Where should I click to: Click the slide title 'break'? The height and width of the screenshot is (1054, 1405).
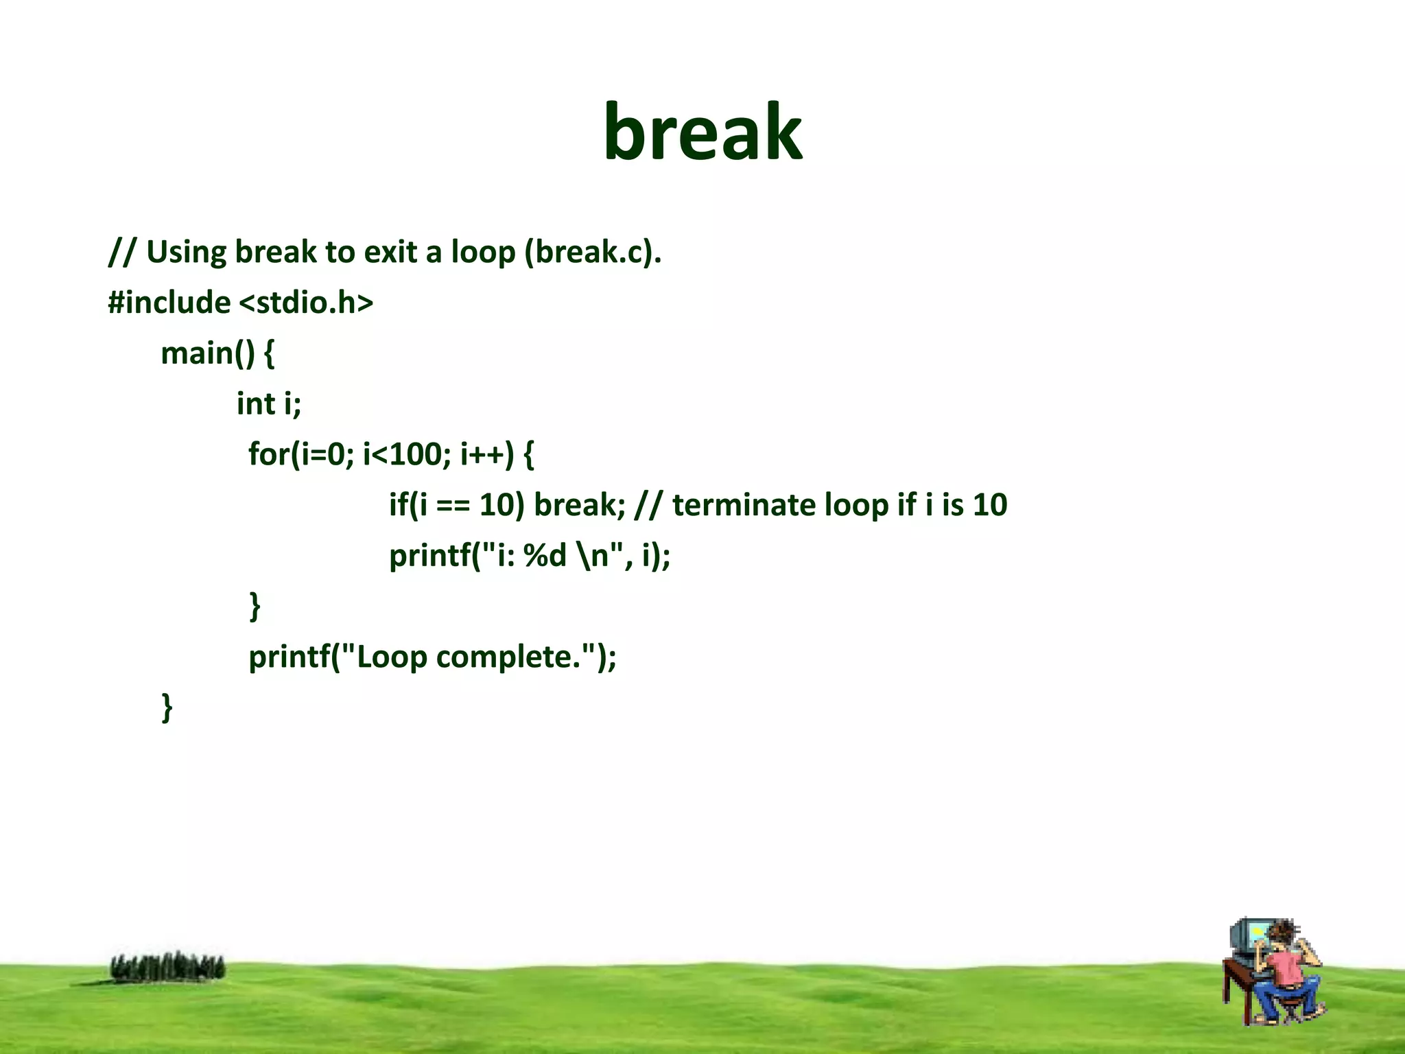[702, 132]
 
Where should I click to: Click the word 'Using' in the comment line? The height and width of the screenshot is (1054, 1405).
[186, 252]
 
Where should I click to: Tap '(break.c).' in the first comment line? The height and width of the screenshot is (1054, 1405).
[593, 252]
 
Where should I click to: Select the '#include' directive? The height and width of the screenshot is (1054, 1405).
[169, 303]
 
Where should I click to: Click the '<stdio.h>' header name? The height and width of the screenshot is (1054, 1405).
[306, 303]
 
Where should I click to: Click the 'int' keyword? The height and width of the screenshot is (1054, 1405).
[255, 403]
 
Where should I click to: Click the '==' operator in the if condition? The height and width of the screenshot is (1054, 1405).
[453, 505]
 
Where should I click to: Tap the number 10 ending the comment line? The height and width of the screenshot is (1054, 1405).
[990, 505]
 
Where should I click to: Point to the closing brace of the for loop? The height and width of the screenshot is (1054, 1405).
[255, 606]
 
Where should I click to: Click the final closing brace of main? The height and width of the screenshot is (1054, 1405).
[167, 707]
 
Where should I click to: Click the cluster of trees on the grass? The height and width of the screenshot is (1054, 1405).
[168, 967]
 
